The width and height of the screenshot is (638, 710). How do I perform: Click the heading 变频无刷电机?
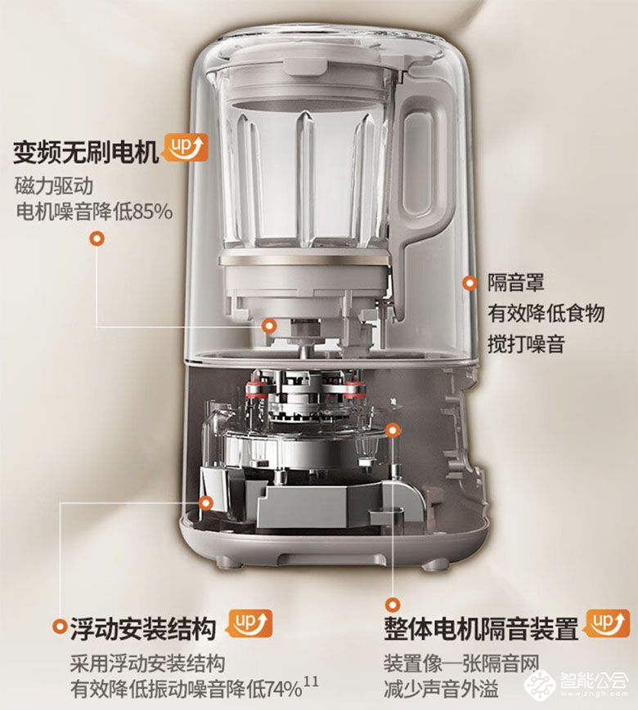click(x=86, y=152)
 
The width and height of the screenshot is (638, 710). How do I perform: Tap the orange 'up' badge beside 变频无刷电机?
click(x=186, y=147)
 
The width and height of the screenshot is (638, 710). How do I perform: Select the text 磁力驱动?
click(x=54, y=185)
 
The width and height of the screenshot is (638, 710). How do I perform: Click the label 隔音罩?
click(x=515, y=283)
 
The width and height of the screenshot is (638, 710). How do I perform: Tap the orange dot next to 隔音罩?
click(x=470, y=283)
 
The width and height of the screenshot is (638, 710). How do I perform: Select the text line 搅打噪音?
click(x=526, y=344)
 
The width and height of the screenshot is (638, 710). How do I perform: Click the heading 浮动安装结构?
click(x=143, y=628)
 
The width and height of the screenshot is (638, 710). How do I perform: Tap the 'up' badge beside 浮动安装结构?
click(x=249, y=623)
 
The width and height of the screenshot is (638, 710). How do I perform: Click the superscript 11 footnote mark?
click(x=312, y=681)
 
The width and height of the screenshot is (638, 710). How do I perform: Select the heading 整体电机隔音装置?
click(x=481, y=628)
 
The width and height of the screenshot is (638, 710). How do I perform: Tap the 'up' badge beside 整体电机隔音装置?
click(x=606, y=623)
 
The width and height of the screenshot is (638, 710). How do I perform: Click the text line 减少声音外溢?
click(x=441, y=689)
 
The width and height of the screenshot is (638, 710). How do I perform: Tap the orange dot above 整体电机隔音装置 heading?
click(x=393, y=604)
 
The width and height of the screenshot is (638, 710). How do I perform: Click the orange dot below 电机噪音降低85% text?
click(x=97, y=239)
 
